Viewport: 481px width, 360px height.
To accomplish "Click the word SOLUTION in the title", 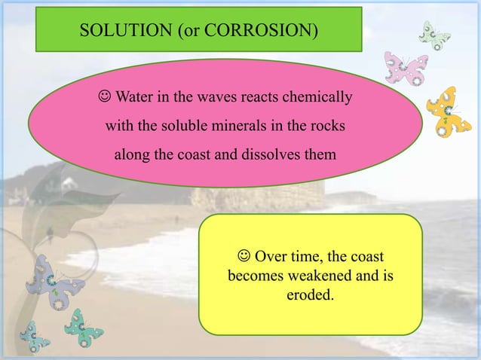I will tap(116, 31).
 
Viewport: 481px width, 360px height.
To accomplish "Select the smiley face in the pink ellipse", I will tap(104, 98).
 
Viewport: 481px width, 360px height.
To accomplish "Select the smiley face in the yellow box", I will tap(243, 256).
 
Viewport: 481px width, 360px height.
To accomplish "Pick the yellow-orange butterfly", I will tap(448, 111).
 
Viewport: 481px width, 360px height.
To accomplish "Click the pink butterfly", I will tap(406, 69).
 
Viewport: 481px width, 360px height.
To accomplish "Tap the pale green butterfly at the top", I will tap(434, 35).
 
